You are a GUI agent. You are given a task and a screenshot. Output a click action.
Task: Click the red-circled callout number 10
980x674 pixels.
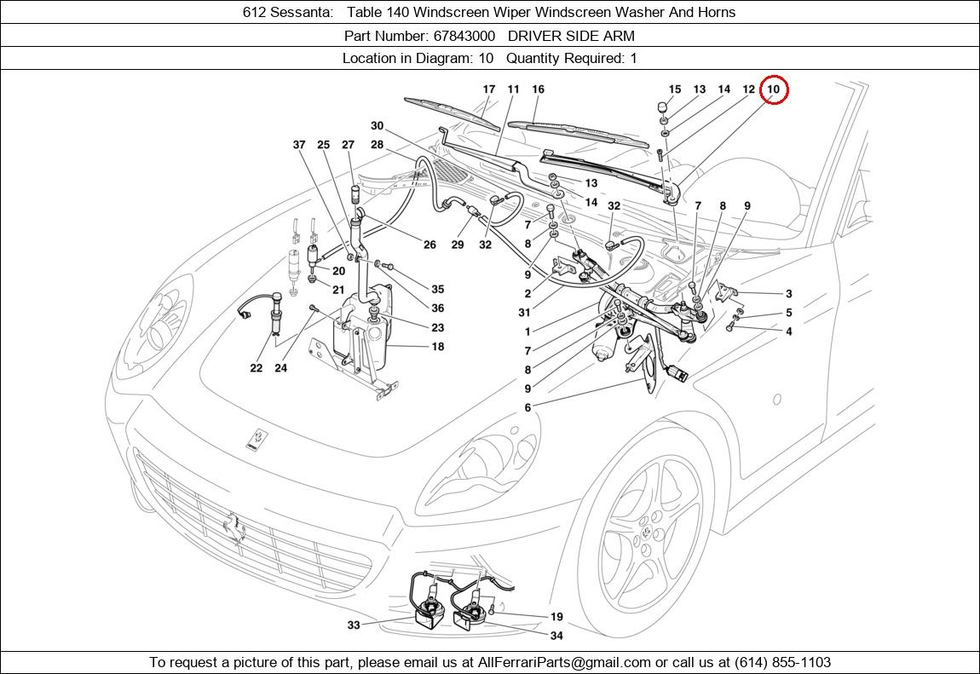pyautogui.click(x=773, y=89)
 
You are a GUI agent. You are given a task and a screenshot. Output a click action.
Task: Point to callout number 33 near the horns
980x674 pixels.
pyautogui.click(x=354, y=625)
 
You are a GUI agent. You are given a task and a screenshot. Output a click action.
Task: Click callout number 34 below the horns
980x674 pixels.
pyautogui.click(x=556, y=636)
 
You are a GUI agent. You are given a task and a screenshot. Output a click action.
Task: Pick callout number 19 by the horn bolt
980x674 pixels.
pyautogui.click(x=556, y=617)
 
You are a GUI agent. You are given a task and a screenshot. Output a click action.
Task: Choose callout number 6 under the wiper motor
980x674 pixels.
pyautogui.click(x=527, y=408)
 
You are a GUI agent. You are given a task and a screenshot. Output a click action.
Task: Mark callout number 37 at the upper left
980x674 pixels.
pyautogui.click(x=299, y=145)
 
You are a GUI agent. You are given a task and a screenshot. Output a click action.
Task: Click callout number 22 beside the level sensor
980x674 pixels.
pyautogui.click(x=257, y=368)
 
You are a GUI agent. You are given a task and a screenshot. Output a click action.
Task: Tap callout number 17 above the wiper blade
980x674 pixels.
pyautogui.click(x=488, y=89)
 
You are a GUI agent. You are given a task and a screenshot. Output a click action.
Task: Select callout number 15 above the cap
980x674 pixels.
pyautogui.click(x=675, y=89)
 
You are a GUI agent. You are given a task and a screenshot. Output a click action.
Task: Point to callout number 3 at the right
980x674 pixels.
pyautogui.click(x=789, y=294)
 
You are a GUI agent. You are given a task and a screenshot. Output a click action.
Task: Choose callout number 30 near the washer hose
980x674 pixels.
pyautogui.click(x=377, y=126)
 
